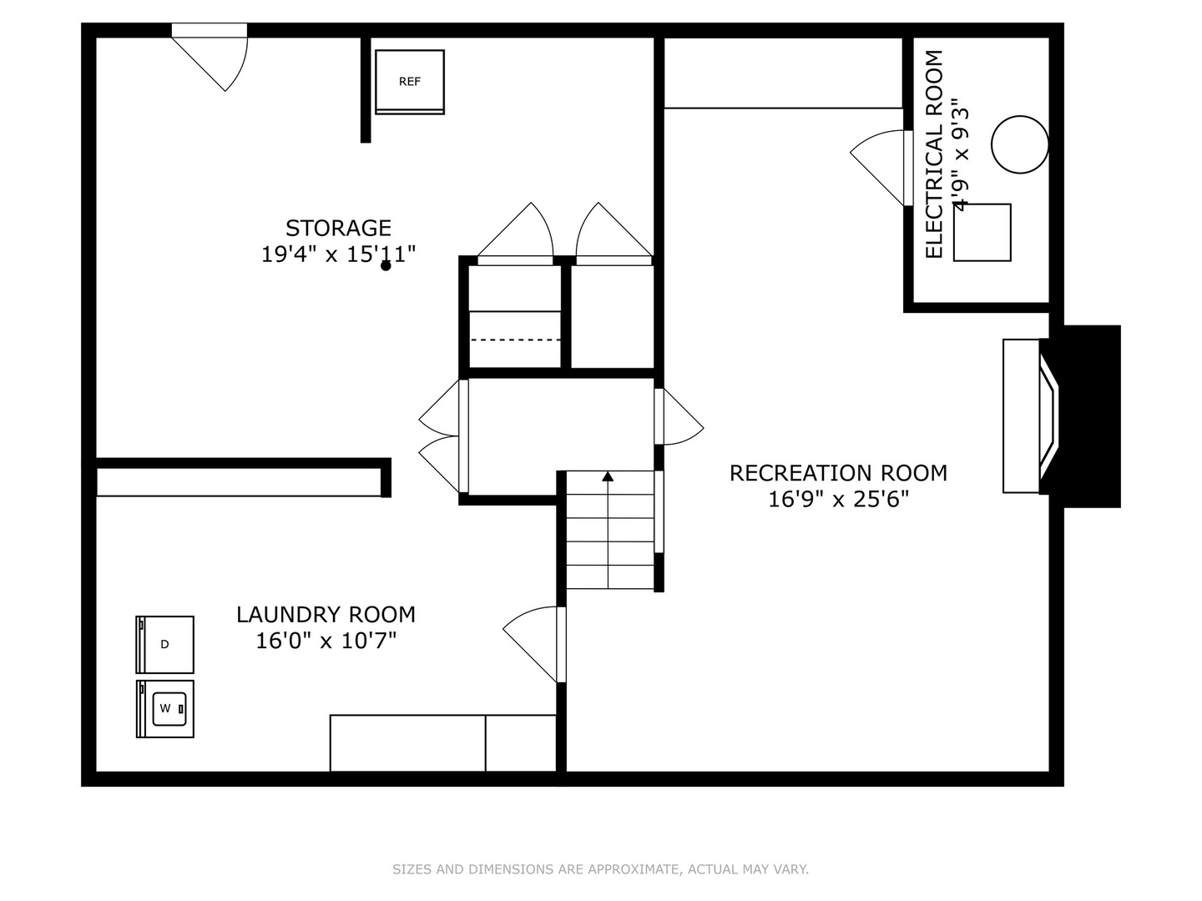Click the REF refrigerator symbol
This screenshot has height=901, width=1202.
click(409, 81)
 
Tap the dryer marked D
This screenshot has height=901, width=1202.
click(165, 644)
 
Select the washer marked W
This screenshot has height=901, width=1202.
click(165, 708)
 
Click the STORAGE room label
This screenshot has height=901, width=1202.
click(338, 228)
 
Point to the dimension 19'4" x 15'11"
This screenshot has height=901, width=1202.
click(338, 254)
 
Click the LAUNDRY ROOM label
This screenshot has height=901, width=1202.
click(326, 615)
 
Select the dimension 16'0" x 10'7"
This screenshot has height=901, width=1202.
click(326, 641)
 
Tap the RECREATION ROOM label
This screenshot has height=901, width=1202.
click(838, 473)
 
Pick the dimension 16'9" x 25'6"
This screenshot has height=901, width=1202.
click(838, 499)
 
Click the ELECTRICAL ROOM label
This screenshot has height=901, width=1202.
click(934, 154)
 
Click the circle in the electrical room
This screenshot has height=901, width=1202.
click(1019, 144)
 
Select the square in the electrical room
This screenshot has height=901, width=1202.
click(982, 232)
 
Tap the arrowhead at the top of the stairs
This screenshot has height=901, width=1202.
click(608, 476)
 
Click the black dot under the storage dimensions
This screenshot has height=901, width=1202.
click(386, 266)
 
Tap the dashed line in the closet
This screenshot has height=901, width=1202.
click(515, 340)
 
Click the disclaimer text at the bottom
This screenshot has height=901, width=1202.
click(600, 869)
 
